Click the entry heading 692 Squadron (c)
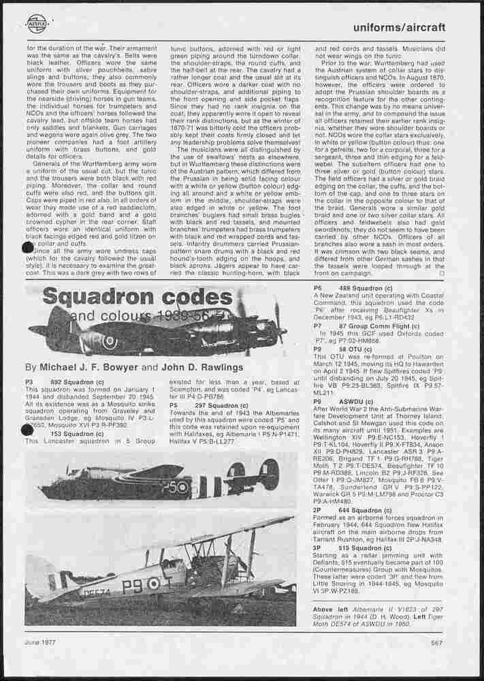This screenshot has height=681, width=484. pos(77,383)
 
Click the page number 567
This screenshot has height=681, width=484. pos(438,642)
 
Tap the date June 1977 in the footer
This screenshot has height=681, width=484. pos(40,642)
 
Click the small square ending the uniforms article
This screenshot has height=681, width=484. pos(442,273)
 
